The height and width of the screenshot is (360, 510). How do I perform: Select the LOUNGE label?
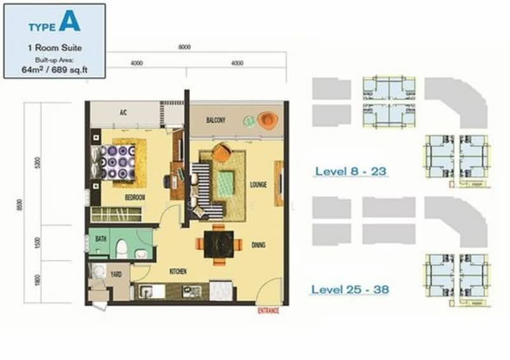(x=259, y=185)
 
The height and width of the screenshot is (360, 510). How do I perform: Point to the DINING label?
(x=258, y=245)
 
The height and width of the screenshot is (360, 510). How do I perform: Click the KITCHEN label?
(x=177, y=272)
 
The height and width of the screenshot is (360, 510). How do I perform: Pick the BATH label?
(x=100, y=238)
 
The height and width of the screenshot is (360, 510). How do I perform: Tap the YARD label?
(x=116, y=275)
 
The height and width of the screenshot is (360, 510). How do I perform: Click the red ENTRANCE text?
(x=268, y=311)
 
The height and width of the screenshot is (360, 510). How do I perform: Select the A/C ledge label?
(x=124, y=113)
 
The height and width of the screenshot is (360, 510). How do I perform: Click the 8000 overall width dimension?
(x=185, y=47)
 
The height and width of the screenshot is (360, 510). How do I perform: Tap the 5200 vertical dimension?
(x=38, y=164)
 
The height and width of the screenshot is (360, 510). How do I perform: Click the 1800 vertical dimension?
(x=38, y=280)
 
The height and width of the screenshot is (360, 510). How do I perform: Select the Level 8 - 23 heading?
(x=351, y=171)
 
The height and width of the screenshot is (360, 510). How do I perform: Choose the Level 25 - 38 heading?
(x=350, y=290)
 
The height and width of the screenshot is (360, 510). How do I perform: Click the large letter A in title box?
(x=70, y=21)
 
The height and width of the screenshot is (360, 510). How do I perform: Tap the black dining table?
(x=219, y=243)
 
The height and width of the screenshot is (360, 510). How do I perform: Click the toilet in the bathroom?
(x=122, y=248)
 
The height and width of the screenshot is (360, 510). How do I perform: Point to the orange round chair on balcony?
(x=266, y=119)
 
